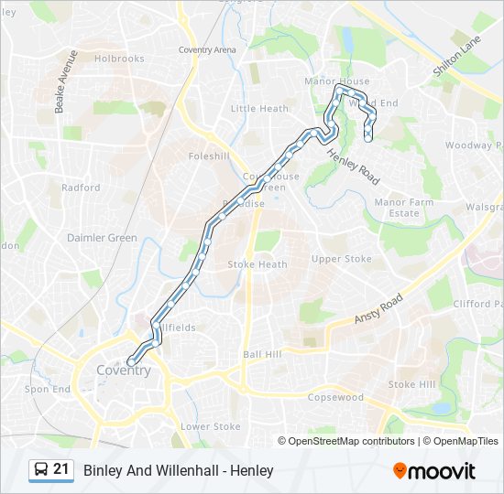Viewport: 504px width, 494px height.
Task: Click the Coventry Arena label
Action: tap(207, 49)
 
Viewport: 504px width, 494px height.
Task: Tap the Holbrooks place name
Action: tap(119, 59)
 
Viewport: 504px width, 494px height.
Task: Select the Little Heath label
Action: tap(259, 108)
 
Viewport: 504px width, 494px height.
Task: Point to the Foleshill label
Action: tap(207, 156)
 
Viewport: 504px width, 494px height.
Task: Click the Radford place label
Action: tap(81, 188)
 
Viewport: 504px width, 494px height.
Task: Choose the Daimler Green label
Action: tap(102, 238)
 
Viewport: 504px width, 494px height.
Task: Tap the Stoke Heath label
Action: tap(257, 264)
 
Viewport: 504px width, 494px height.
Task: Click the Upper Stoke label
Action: tap(342, 259)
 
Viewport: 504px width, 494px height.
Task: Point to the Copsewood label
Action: tap(336, 398)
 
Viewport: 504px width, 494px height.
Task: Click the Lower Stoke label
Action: tap(210, 426)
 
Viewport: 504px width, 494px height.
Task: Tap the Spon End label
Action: tap(48, 389)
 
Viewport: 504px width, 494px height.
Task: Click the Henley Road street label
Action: tap(353, 166)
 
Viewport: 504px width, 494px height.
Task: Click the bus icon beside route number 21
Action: tap(41, 470)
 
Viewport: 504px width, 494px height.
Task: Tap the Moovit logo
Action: tap(434, 471)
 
